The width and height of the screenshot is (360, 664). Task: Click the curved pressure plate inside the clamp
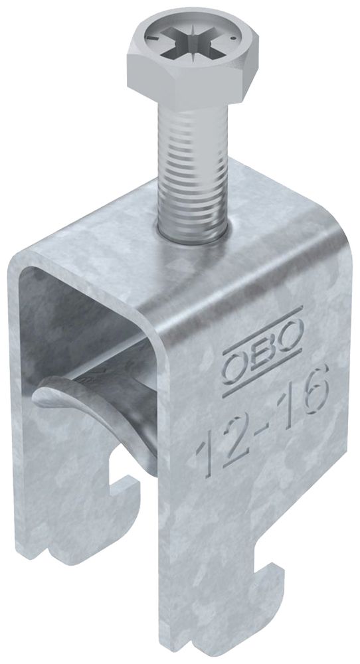point(100,405)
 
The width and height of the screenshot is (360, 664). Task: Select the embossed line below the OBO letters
point(263,372)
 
